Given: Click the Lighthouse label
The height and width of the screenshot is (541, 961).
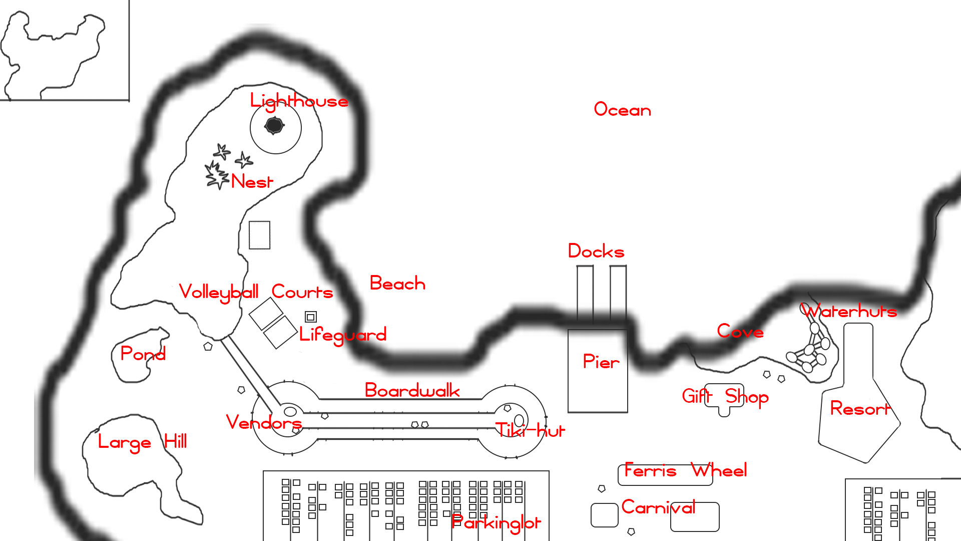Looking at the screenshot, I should [x=299, y=101].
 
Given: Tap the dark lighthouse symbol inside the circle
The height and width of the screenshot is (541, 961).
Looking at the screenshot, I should [x=274, y=125].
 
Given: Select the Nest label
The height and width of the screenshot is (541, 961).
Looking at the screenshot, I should [x=252, y=181].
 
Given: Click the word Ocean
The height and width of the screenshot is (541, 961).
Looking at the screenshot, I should [x=622, y=110].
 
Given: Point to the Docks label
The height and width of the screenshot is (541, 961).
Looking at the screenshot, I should [x=596, y=251].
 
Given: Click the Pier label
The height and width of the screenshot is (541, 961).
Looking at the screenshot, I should [x=601, y=362].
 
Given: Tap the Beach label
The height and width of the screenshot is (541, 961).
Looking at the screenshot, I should [x=397, y=284].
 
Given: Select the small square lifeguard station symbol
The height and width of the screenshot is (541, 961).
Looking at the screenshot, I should [x=311, y=317].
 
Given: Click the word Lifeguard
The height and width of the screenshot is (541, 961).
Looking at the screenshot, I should [x=343, y=335].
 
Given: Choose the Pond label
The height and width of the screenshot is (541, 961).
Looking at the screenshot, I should [x=143, y=354].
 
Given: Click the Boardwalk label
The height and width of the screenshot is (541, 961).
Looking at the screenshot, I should [x=412, y=390].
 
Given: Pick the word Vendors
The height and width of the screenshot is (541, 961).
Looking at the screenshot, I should [x=264, y=422].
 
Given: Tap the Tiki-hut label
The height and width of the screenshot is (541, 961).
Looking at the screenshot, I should [x=530, y=430].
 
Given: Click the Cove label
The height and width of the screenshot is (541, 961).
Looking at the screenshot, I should [x=740, y=331].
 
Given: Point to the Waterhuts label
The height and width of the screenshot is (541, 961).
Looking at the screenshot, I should [x=849, y=311].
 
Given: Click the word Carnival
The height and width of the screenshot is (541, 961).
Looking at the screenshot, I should [x=658, y=507].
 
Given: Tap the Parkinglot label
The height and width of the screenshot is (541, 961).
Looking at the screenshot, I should [x=496, y=523].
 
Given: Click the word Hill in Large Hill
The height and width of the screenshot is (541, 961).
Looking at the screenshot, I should [x=176, y=441].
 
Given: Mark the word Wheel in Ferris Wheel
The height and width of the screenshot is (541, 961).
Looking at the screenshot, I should [x=719, y=470].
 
